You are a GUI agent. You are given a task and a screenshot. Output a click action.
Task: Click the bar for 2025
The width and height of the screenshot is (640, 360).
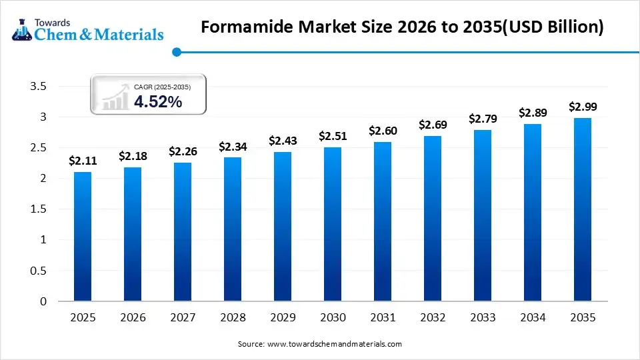click(x=82, y=237)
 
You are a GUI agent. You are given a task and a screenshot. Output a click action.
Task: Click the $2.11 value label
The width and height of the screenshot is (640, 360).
click(x=82, y=161)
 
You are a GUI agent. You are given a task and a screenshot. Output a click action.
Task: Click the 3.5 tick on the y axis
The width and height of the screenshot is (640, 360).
click(x=39, y=86)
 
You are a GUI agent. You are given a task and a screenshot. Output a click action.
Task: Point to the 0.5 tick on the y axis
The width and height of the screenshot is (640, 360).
click(x=39, y=271)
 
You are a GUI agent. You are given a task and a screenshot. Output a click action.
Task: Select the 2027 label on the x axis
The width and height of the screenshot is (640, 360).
click(x=182, y=318)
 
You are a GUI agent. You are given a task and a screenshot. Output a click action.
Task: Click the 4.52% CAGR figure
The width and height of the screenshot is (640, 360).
click(x=158, y=101)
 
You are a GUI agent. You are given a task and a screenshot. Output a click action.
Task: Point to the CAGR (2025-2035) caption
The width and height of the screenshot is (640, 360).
click(x=162, y=87)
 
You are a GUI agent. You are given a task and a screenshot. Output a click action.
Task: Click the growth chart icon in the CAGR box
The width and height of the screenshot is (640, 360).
click(x=115, y=98)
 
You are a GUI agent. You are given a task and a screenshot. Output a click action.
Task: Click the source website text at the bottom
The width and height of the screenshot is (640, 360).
click(x=320, y=344)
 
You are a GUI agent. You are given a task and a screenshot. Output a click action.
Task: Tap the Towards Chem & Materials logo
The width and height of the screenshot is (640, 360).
click(x=87, y=28)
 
